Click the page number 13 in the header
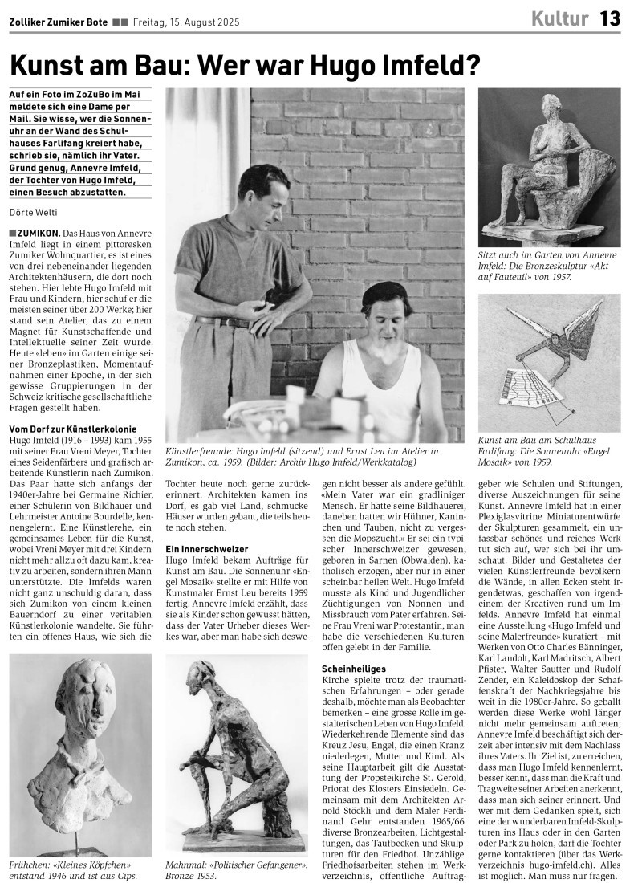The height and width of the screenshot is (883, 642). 610,18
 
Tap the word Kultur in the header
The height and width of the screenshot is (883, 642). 559,18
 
